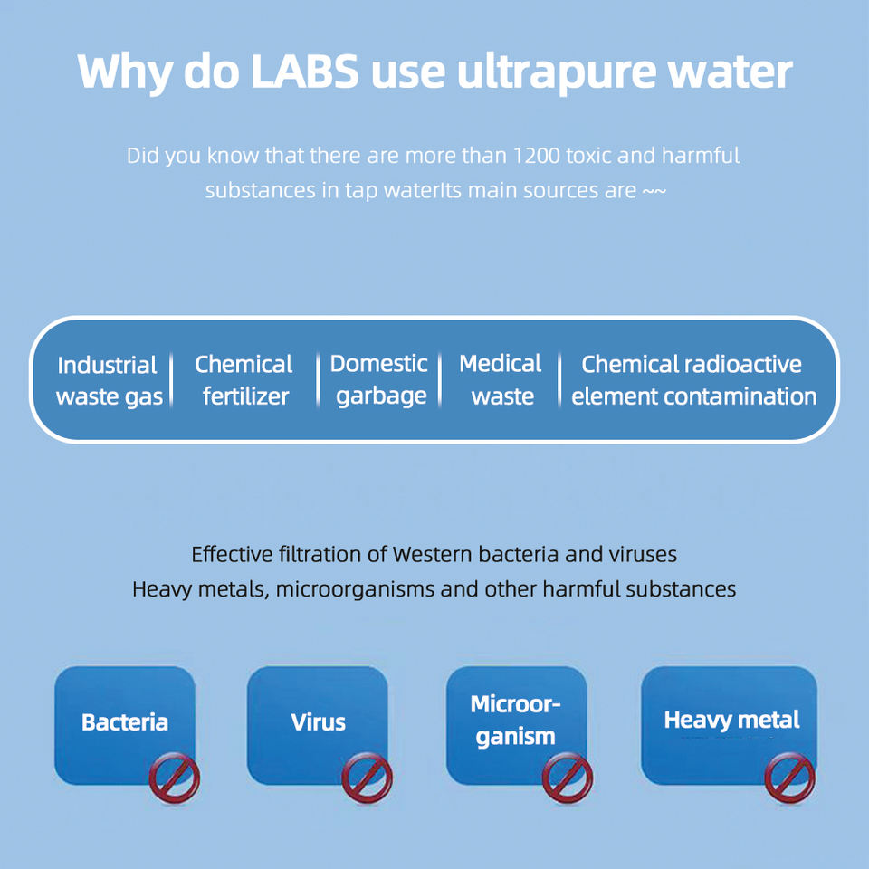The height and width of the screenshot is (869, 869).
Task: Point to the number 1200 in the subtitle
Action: click(536, 155)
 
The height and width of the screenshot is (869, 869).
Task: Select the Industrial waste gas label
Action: click(108, 380)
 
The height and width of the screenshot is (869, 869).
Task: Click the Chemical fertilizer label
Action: click(244, 380)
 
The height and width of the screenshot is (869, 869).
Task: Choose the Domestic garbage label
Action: click(379, 379)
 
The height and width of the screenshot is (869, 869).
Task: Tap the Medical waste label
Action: click(501, 379)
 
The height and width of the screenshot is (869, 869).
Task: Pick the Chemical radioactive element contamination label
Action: click(693, 380)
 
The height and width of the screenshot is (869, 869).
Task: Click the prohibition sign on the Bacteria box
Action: click(174, 778)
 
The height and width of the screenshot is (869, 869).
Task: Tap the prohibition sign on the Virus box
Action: click(367, 778)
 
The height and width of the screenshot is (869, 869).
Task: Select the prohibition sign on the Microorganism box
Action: click(568, 778)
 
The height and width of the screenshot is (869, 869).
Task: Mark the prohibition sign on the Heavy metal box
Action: click(789, 778)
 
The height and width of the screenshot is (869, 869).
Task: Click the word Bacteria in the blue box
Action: click(125, 722)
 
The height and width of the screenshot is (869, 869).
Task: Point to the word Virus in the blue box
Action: click(318, 722)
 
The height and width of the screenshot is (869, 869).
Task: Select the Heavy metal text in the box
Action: click(731, 721)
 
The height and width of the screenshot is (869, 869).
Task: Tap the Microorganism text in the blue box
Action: click(516, 721)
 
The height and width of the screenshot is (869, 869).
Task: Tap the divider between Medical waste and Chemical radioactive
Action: click(560, 380)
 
